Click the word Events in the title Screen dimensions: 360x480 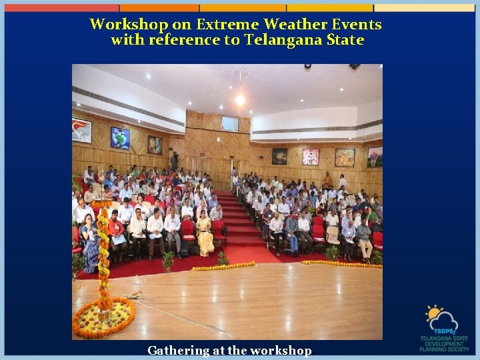click(x=357, y=25)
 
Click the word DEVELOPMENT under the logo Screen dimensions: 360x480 click(x=445, y=343)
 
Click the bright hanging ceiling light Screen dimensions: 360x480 click(x=240, y=100)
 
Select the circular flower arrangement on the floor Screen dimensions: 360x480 click(x=104, y=319)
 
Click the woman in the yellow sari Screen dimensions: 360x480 click(x=204, y=235)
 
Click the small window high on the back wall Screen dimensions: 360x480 click(x=230, y=123)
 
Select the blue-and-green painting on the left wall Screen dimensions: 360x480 click(x=120, y=138)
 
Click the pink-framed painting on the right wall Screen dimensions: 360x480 click(x=311, y=157)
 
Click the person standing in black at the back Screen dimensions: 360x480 click(x=175, y=161)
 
